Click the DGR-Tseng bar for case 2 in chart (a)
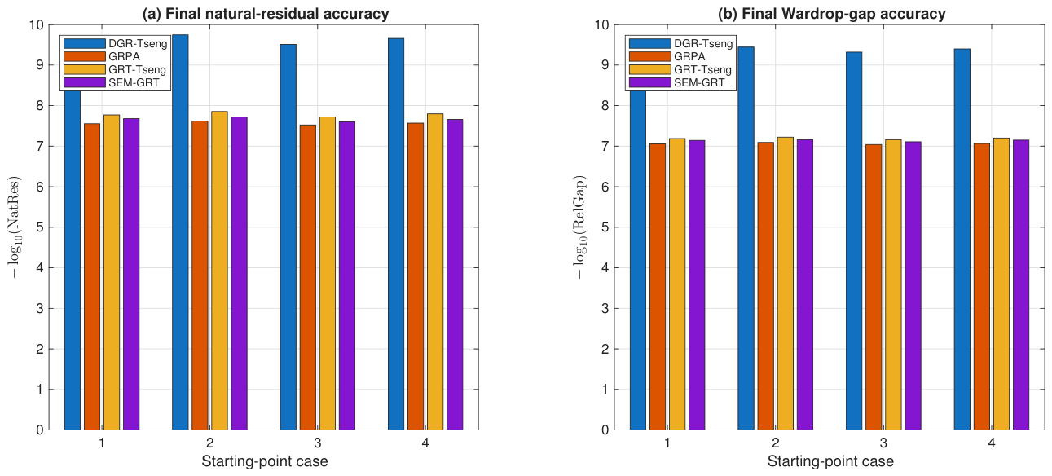(x=180, y=232)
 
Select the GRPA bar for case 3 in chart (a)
(x=308, y=277)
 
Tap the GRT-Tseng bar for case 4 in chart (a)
(x=435, y=271)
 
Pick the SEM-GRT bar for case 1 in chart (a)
(x=131, y=274)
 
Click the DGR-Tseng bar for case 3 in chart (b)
(x=854, y=241)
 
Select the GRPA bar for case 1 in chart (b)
(x=658, y=287)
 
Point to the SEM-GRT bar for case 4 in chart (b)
(x=1021, y=284)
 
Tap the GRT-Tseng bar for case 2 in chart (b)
(x=786, y=284)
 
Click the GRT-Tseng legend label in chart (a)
(x=138, y=69)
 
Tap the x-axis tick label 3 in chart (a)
(x=318, y=443)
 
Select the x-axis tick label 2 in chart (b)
(x=776, y=443)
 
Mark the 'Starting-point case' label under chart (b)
(x=830, y=461)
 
